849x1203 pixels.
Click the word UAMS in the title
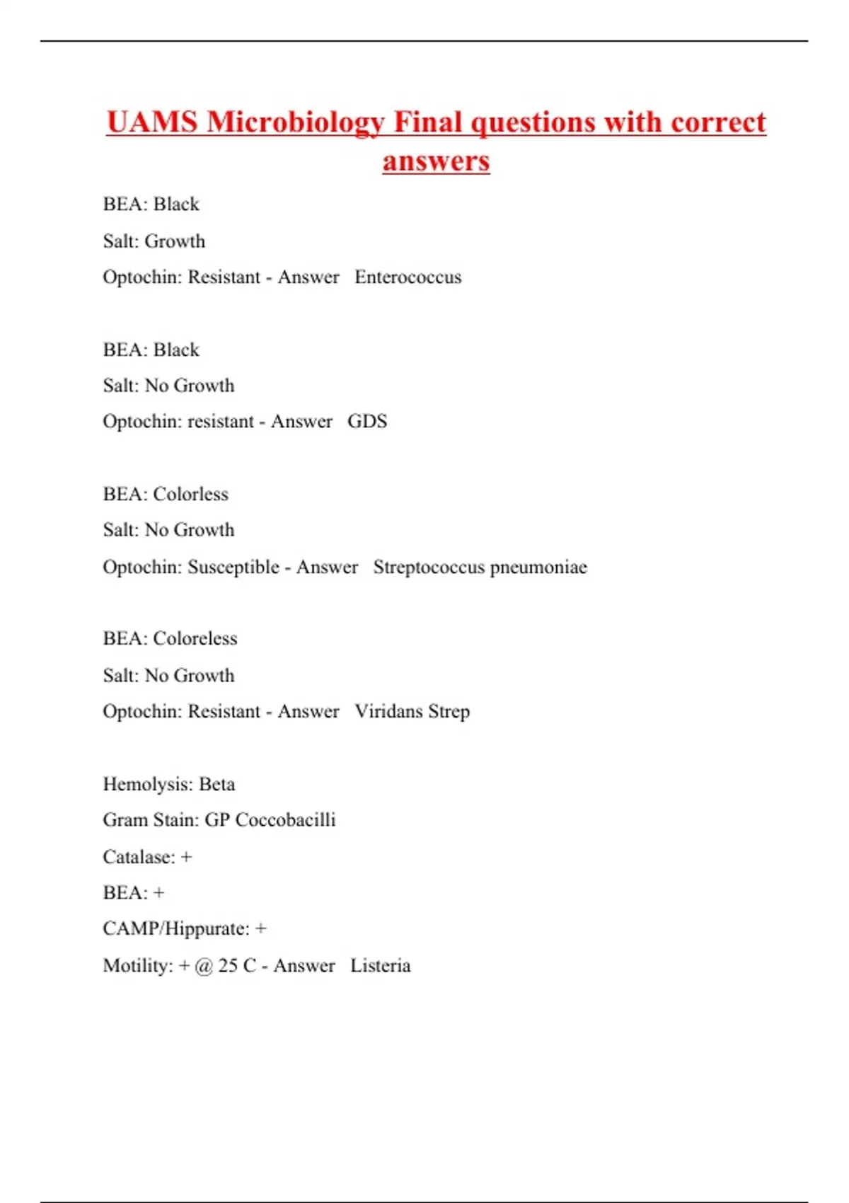click(x=151, y=122)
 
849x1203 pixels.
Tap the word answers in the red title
click(x=436, y=161)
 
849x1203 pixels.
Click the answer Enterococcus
click(x=408, y=277)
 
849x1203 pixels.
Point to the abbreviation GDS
click(x=367, y=421)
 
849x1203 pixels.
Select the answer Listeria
click(x=380, y=965)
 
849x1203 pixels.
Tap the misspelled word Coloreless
click(x=195, y=638)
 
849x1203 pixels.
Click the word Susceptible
click(x=233, y=568)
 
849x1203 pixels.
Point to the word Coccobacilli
click(x=285, y=819)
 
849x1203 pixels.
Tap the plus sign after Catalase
click(x=186, y=857)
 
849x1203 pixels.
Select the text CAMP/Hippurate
click(x=175, y=928)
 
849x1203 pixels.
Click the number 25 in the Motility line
click(x=228, y=965)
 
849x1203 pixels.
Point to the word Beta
click(x=216, y=784)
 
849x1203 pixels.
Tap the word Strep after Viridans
click(x=449, y=711)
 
